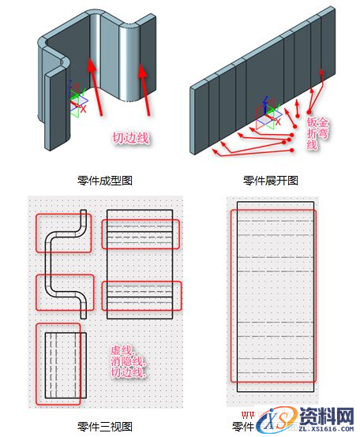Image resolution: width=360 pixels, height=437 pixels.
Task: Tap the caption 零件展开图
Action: point(271,180)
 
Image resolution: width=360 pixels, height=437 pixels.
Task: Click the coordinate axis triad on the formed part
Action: point(76,99)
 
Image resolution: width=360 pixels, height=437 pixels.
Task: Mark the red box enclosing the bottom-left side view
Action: point(58,364)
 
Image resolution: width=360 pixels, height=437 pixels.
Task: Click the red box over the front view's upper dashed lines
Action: point(142,233)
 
